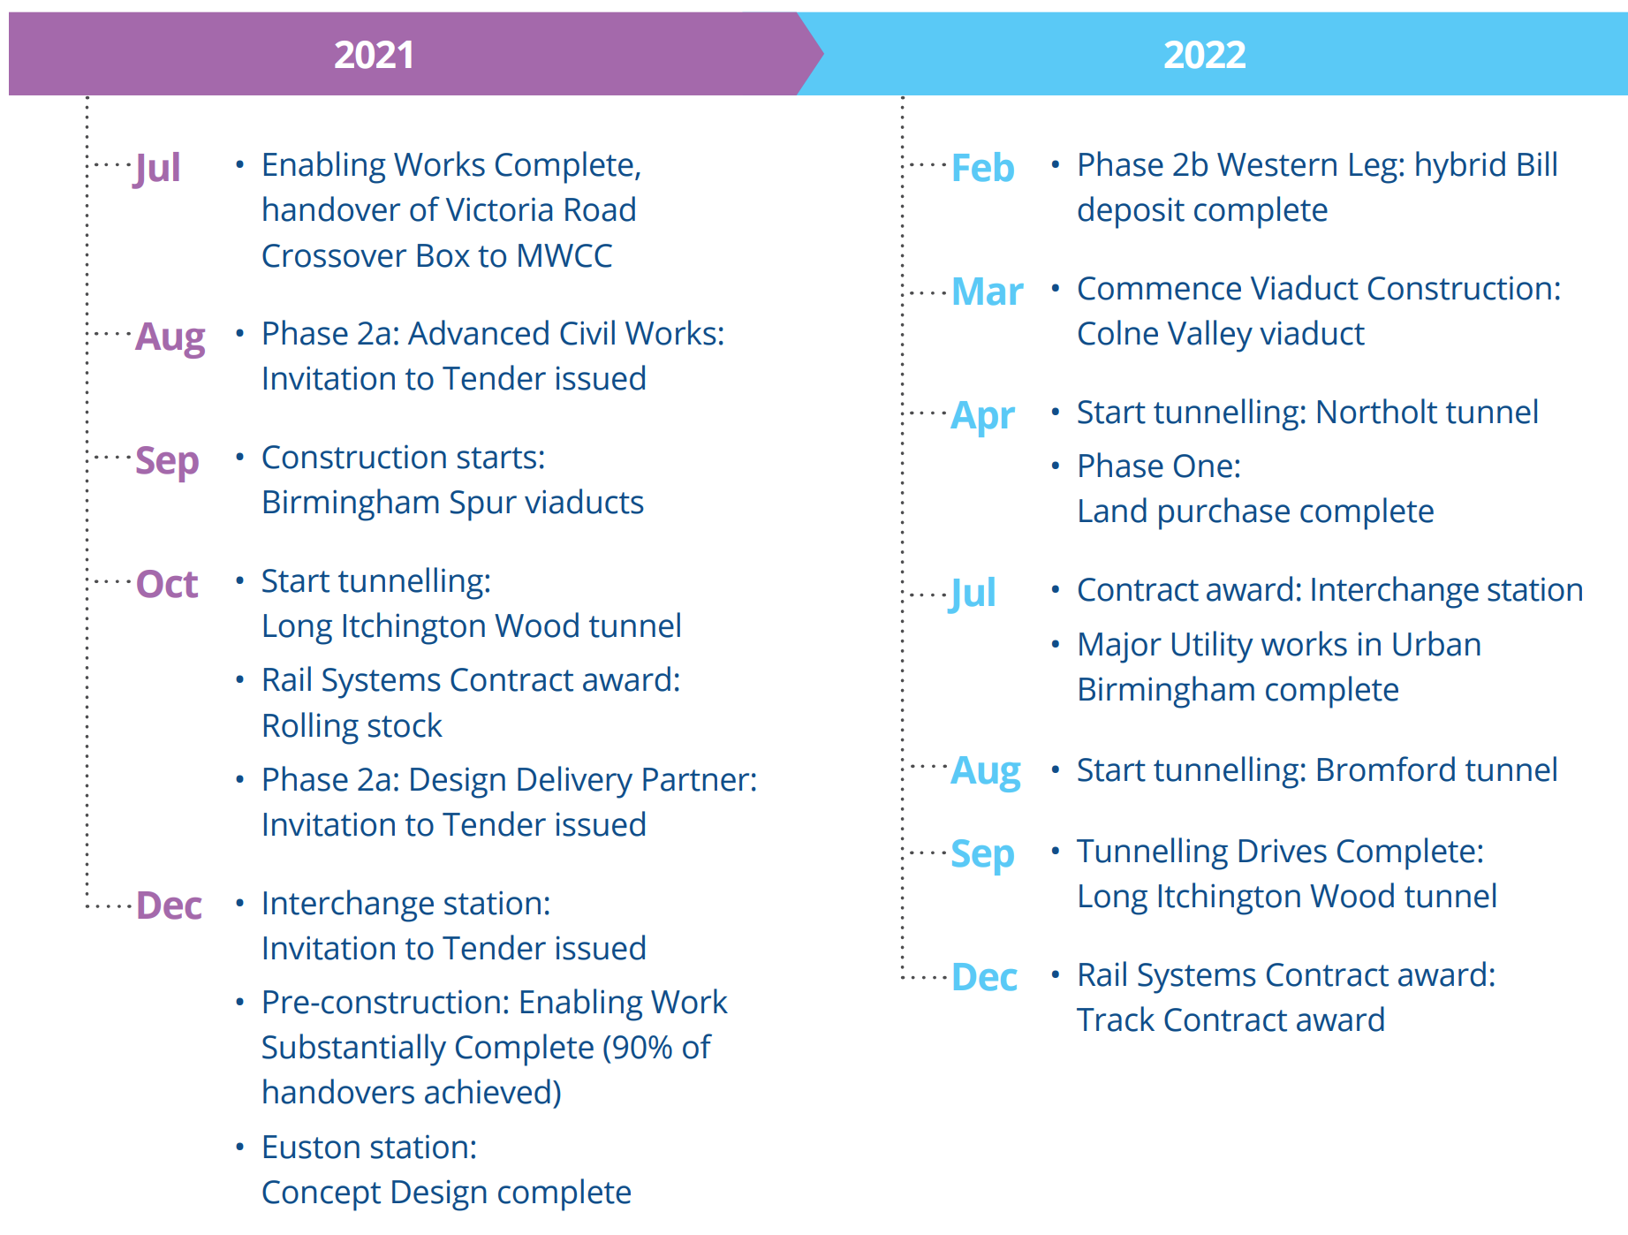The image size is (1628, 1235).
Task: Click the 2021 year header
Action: [374, 55]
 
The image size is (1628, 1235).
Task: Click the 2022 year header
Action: [1204, 55]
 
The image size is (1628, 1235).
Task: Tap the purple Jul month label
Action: [157, 169]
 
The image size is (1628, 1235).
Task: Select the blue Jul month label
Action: [973, 594]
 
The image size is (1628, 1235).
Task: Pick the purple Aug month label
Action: [170, 337]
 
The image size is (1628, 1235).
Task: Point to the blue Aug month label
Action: [986, 771]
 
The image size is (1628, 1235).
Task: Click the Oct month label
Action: [167, 585]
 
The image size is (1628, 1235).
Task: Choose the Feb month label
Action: [983, 169]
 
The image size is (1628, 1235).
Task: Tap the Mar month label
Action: [988, 292]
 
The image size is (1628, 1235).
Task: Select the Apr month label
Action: [983, 416]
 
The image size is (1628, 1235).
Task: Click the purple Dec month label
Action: [169, 906]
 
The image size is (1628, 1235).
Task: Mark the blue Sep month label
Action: [982, 854]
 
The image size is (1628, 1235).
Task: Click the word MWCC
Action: [564, 256]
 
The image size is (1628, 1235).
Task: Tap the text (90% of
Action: [657, 1048]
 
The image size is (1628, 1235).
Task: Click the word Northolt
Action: [1380, 413]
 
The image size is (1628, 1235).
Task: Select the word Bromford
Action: [1381, 770]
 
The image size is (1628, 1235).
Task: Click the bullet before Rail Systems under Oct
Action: [239, 680]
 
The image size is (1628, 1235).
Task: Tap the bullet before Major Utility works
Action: [1055, 645]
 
